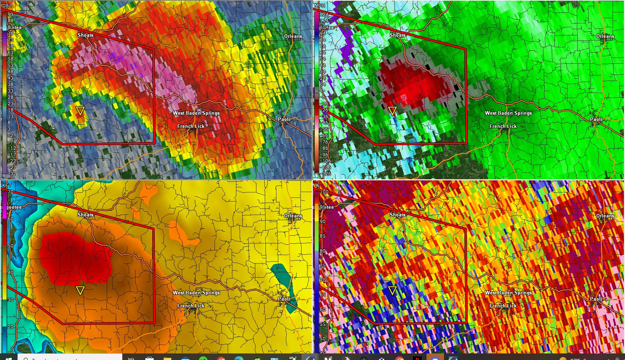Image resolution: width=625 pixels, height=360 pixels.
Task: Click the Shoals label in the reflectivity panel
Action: coord(85,35)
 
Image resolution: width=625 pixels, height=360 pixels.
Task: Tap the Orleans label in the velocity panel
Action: coord(605,36)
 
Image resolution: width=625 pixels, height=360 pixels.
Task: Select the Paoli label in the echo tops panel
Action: coord(284,299)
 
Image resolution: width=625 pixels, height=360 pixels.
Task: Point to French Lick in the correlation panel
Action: coord(503,306)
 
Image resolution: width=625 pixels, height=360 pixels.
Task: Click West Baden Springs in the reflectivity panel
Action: coord(196,113)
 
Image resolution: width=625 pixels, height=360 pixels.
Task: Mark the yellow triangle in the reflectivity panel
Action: coord(80,111)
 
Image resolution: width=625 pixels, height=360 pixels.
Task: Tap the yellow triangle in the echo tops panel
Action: coord(80,290)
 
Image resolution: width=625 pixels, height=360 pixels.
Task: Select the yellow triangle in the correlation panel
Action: coord(392,290)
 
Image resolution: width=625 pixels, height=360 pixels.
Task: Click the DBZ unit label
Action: coord(7,5)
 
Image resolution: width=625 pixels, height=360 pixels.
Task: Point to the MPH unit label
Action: coord(319,5)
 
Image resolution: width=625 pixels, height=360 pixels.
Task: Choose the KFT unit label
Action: coord(7,185)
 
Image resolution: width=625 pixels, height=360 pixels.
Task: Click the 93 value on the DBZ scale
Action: coord(11,15)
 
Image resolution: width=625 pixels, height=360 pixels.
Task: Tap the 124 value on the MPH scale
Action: coord(324,15)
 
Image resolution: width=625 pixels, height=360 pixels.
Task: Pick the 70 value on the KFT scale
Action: coord(11,192)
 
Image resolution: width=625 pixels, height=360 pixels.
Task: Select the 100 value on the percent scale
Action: coord(324,192)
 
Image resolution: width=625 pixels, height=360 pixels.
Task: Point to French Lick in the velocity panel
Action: coord(503,126)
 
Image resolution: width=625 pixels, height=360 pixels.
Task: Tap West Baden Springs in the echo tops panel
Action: coord(196,293)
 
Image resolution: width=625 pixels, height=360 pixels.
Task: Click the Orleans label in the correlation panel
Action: coord(605,216)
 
